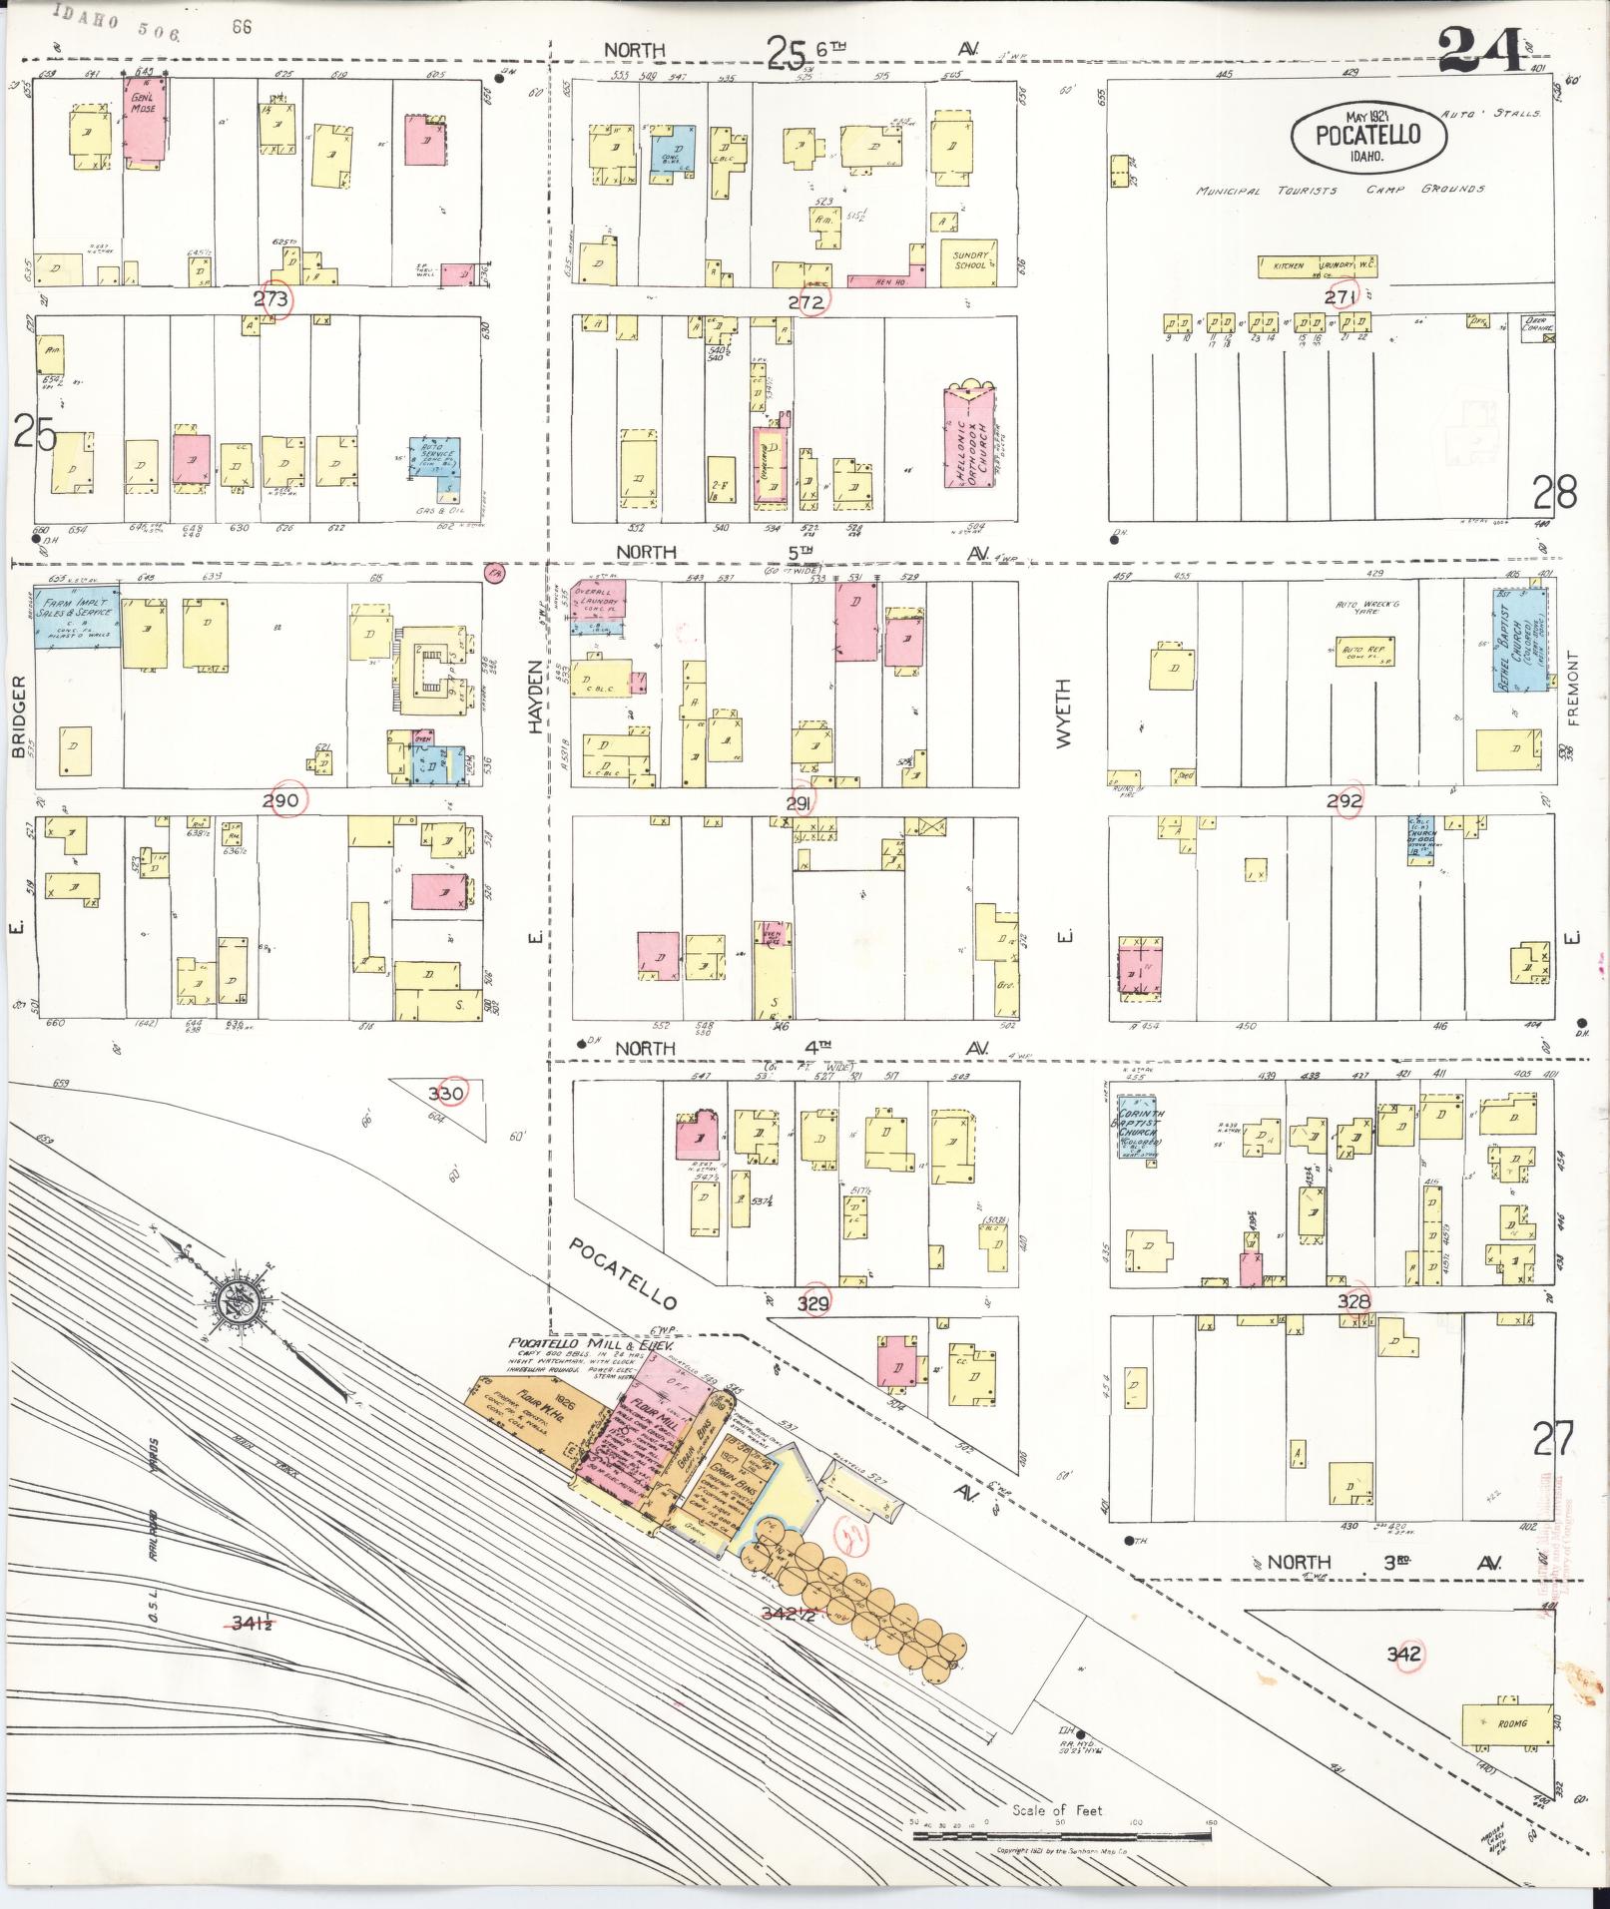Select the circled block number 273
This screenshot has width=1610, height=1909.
click(x=271, y=299)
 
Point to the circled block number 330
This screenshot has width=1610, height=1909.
click(x=446, y=1093)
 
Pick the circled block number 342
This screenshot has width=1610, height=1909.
click(x=1404, y=1655)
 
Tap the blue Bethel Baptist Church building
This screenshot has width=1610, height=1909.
click(x=1520, y=639)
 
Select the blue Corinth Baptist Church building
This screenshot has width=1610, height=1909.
click(x=1138, y=1130)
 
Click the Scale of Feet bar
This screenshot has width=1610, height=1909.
click(x=1061, y=1834)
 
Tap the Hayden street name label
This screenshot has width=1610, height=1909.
click(x=535, y=698)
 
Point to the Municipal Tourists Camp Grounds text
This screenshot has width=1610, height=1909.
click(x=1340, y=190)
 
